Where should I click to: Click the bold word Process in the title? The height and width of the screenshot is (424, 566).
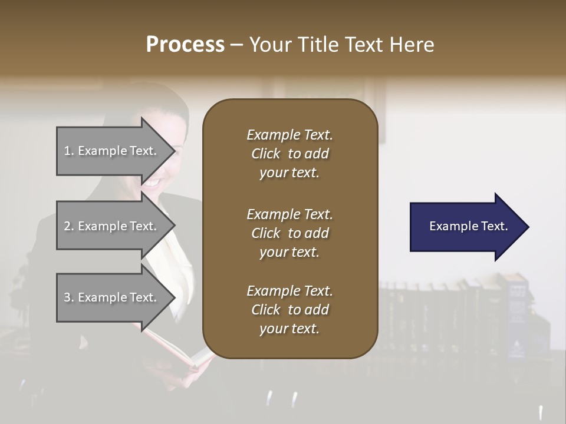185,45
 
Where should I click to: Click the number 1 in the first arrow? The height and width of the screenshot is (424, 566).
67,151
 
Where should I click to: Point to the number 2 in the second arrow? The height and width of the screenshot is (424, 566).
67,227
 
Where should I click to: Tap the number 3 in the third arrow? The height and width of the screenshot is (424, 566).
67,298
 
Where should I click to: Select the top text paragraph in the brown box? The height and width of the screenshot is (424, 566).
289,154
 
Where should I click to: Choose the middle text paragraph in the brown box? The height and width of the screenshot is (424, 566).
289,233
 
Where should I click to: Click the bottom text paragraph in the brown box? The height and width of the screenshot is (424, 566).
289,310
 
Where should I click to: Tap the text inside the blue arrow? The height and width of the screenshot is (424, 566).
469,226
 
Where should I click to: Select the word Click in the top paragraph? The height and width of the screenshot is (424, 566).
266,154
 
